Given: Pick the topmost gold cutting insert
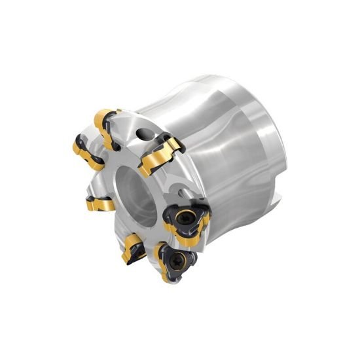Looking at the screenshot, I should coord(106,126).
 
